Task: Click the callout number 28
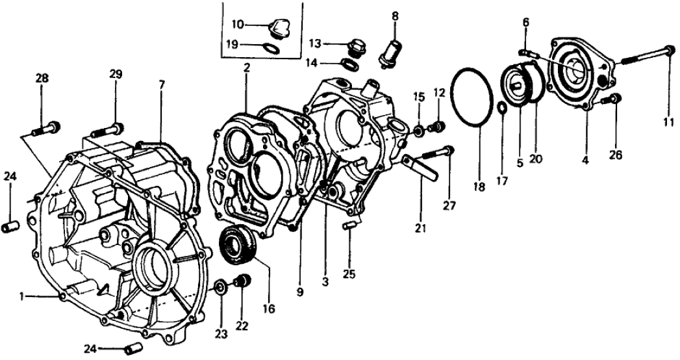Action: pos(42,79)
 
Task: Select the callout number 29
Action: pos(116,75)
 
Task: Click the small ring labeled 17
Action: pos(502,107)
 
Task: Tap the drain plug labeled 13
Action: pos(356,47)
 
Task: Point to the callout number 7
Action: pos(162,84)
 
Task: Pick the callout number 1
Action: pos(22,296)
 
